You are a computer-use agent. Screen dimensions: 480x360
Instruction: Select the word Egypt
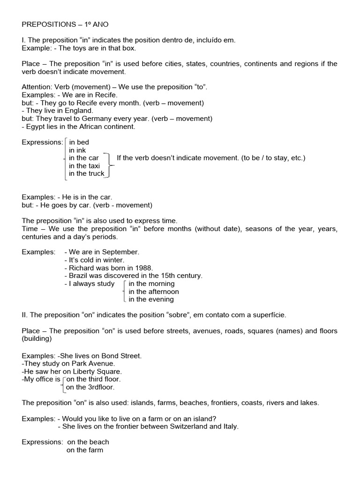(x=36, y=127)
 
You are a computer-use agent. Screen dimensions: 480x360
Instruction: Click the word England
(x=81, y=111)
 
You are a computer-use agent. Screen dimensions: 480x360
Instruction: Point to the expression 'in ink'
(x=78, y=150)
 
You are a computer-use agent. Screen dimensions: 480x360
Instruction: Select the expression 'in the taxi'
(x=84, y=165)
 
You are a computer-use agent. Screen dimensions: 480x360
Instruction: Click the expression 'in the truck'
(x=86, y=173)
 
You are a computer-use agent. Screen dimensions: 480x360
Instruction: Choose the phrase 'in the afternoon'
(x=154, y=292)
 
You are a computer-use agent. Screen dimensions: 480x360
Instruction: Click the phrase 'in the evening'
(x=151, y=299)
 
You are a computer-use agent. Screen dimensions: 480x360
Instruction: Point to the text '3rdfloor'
(x=101, y=387)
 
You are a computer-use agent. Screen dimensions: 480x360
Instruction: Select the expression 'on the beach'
(x=88, y=442)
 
